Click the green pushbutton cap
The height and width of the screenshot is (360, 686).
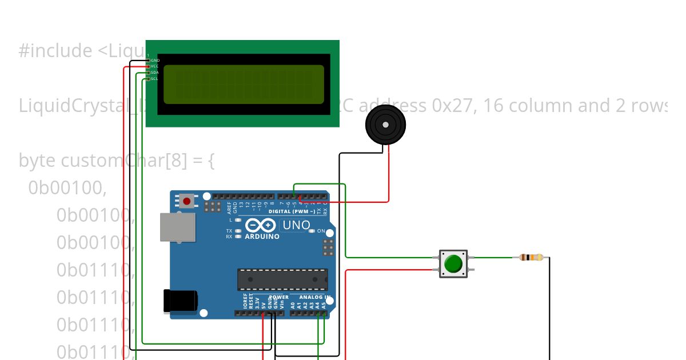pos(453,263)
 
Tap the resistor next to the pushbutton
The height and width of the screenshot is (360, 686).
pos(531,258)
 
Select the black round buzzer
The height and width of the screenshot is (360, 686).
pos(385,125)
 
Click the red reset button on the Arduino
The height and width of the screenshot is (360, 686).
pos(187,201)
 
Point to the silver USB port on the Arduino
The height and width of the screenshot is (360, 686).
pos(176,228)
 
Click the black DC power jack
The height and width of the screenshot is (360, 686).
pos(180,301)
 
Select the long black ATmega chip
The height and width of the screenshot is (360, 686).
pos(282,279)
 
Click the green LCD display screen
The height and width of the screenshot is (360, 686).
pos(244,84)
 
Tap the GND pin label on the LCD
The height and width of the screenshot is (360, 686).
pos(155,60)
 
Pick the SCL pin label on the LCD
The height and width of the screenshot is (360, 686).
pos(154,79)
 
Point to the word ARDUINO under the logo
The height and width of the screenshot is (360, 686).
pos(262,237)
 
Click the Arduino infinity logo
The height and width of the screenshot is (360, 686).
pos(261,225)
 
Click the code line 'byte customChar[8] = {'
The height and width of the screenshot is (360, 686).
pos(117,161)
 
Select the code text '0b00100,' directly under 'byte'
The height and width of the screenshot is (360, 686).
pos(67,187)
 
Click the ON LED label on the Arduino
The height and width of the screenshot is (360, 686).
pos(321,231)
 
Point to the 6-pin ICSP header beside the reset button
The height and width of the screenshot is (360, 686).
pos(213,206)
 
